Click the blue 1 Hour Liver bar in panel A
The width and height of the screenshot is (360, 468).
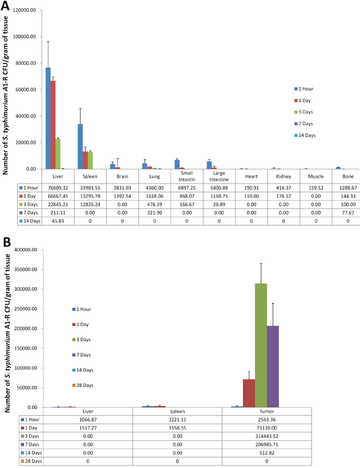tap(48, 118)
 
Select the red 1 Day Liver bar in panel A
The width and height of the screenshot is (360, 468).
tap(53, 125)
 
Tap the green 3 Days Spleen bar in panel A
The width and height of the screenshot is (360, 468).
tap(90, 160)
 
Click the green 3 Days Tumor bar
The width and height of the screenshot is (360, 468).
tap(261, 345)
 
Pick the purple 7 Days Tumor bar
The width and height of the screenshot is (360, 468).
tap(273, 367)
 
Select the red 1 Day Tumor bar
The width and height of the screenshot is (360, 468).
tap(249, 393)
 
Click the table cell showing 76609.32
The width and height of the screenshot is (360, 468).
tap(58, 188)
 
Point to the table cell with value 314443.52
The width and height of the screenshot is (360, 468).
tap(266, 436)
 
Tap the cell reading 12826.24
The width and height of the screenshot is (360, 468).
tap(90, 205)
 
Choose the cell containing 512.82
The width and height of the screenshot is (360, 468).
tap(266, 453)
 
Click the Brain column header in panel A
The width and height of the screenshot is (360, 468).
tap(122, 176)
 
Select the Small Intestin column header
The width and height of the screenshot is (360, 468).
tap(187, 176)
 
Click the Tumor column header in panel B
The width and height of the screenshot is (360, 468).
tap(266, 411)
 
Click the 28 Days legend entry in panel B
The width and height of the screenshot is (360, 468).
tap(83, 385)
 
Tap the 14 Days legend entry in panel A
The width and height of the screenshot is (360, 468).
tap(305, 135)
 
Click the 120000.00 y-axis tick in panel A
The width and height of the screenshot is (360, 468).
tap(25, 10)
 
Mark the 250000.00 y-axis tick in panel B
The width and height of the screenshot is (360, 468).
tap(26, 309)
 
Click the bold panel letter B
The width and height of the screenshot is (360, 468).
tap(7, 242)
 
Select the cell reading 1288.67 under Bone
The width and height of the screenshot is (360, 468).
tap(348, 188)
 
